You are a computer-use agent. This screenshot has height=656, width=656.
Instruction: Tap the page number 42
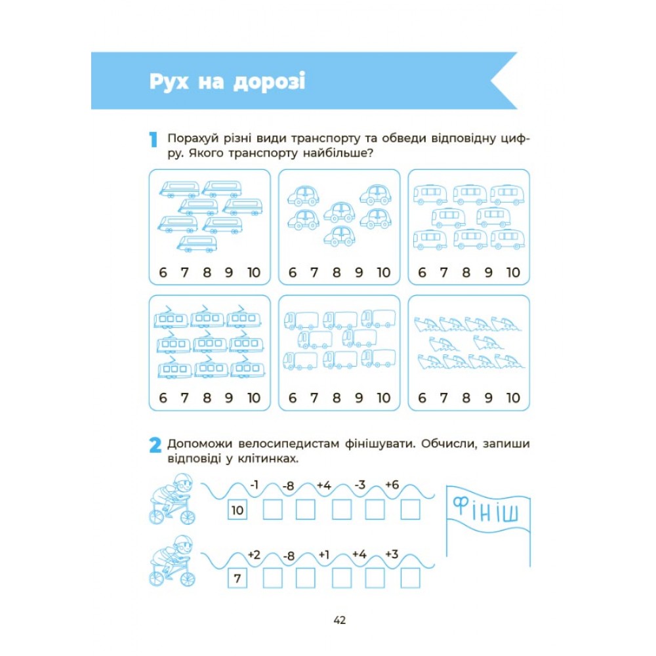click(340, 620)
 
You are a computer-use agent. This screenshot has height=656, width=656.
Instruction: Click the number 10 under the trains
click(254, 272)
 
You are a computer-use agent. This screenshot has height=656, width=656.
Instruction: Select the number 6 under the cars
click(293, 272)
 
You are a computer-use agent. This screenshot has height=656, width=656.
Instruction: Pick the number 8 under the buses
click(466, 272)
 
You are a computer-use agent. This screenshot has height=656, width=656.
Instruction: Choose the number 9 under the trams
click(228, 398)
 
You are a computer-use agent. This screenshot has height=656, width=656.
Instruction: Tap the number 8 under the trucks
click(337, 398)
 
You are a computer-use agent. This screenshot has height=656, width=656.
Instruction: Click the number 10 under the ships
click(514, 398)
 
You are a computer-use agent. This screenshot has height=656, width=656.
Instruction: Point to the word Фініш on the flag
click(486, 510)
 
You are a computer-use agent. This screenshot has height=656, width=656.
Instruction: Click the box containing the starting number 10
click(237, 510)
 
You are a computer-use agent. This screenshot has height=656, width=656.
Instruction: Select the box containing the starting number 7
click(237, 579)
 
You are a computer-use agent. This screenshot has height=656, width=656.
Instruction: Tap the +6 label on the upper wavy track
click(392, 485)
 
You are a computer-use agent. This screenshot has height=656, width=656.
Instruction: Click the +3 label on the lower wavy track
click(392, 554)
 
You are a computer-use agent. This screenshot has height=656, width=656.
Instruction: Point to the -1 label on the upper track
click(255, 485)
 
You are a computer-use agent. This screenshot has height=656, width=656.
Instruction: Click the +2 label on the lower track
click(254, 555)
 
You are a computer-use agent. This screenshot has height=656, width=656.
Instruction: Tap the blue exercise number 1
click(153, 139)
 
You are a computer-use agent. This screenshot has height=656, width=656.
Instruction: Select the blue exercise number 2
click(155, 445)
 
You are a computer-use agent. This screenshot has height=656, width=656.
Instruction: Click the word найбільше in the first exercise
click(333, 153)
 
